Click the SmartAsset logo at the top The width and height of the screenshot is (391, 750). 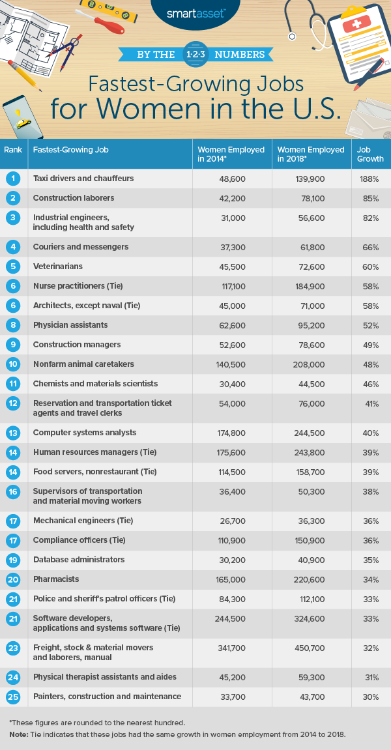tap(195, 13)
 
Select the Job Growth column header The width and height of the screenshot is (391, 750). tap(370, 154)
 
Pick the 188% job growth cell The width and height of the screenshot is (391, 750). tap(371, 179)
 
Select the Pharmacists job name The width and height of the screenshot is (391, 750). tap(56, 579)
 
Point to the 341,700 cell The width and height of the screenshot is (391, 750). tap(231, 648)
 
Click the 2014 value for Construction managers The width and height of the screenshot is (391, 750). tap(231, 345)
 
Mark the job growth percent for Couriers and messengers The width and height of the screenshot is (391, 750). tap(371, 247)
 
